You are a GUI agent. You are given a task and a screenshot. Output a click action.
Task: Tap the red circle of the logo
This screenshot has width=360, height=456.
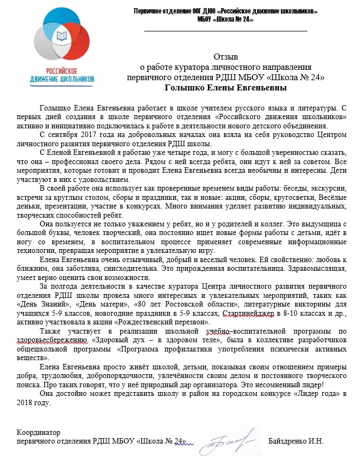tap(81, 43)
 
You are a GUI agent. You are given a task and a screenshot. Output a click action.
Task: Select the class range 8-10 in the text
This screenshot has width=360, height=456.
tap(287, 315)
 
